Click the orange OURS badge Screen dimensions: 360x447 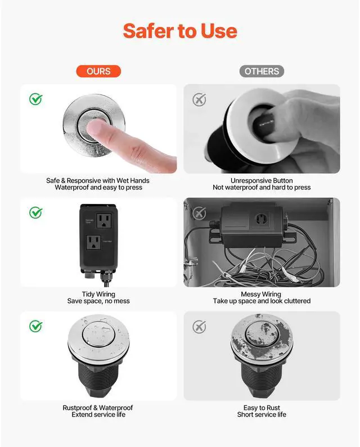[98, 71]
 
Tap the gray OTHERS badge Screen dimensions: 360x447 [262, 71]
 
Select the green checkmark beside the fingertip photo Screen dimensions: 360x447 [36, 99]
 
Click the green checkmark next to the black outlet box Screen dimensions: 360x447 [36, 213]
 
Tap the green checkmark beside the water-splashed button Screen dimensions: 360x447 [36, 326]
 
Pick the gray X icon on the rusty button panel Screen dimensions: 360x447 [199, 327]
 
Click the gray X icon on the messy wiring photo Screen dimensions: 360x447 [199, 213]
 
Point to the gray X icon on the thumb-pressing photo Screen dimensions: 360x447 [199, 100]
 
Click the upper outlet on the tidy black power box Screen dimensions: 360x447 [104, 220]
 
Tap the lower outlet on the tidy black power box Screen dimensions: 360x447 [93, 242]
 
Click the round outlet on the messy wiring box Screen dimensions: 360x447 [261, 219]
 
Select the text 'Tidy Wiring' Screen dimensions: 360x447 [98, 294]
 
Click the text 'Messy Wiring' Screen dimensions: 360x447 [261, 294]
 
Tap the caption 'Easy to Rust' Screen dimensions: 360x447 [262, 408]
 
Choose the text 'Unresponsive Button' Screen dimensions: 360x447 [262, 180]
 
